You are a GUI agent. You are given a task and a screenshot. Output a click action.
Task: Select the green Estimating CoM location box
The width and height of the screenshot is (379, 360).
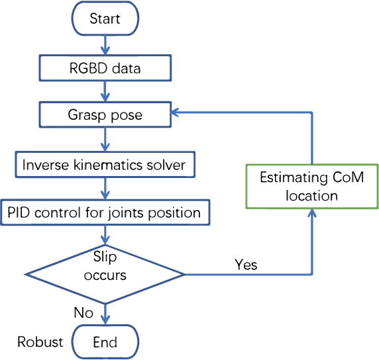point(311,187)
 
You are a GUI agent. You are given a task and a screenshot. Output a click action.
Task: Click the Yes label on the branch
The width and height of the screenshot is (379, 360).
point(246,265)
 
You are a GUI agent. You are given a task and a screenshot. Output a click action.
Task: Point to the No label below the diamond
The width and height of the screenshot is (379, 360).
point(83,312)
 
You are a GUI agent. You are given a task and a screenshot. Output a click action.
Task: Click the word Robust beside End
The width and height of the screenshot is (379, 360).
point(40,342)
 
